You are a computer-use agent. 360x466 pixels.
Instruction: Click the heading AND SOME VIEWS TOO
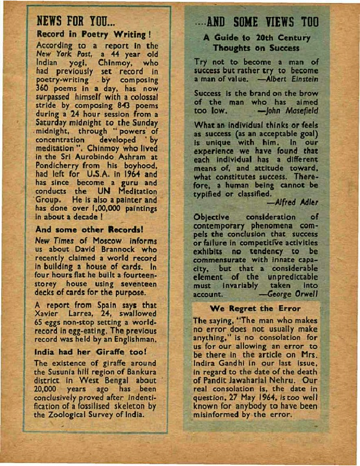256,24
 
